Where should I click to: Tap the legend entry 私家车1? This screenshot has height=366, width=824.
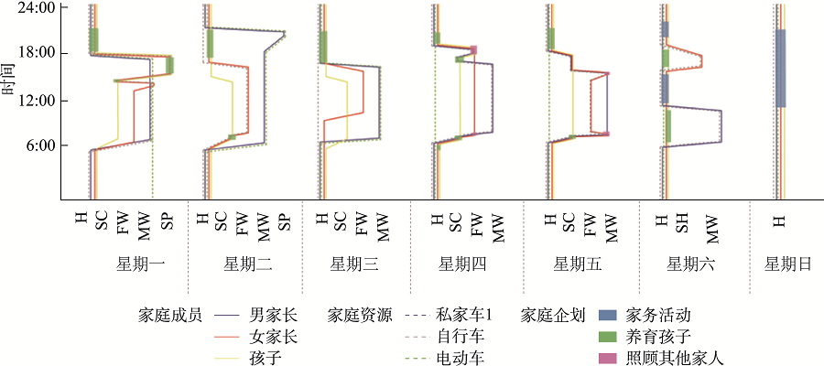(x=466, y=315)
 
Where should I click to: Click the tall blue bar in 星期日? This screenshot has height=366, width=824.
(x=780, y=68)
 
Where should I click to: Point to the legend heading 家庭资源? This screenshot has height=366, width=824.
(x=360, y=315)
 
